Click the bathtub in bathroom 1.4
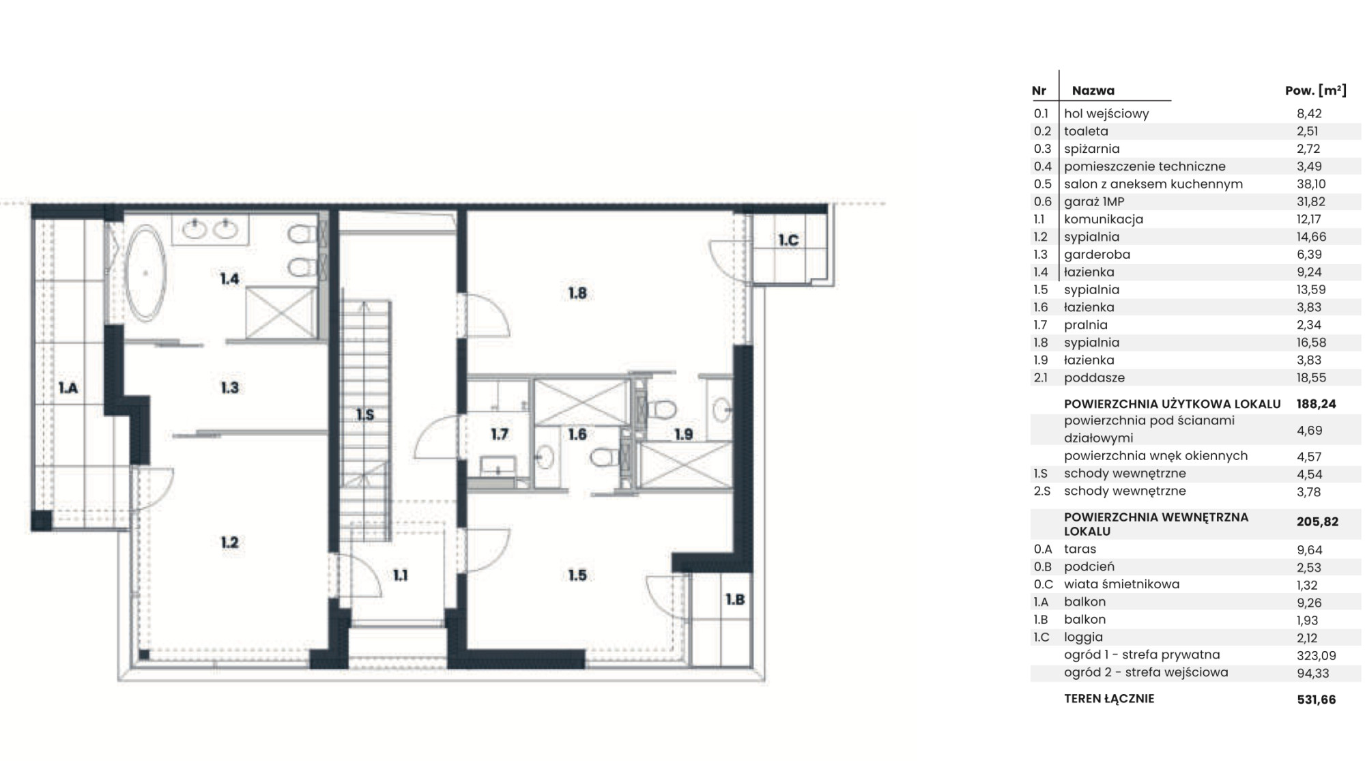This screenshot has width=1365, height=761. tap(145, 273)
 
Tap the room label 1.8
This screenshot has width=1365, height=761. tap(577, 293)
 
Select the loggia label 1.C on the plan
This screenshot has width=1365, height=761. tap(788, 240)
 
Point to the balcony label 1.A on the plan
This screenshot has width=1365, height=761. tap(68, 388)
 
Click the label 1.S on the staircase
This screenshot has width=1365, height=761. tap(365, 414)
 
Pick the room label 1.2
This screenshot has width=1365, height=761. tap(229, 543)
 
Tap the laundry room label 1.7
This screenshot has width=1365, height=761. tap(500, 434)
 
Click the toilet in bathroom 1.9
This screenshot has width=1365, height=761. tap(661, 410)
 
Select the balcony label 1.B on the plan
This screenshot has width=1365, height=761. tap(735, 599)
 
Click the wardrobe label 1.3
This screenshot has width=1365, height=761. tap(229, 388)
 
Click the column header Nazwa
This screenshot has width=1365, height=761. tap(1093, 90)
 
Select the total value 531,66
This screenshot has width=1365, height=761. tap(1317, 700)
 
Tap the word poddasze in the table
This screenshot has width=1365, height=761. tap(1094, 378)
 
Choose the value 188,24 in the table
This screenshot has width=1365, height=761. tap(1317, 404)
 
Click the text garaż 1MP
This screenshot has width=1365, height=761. tap(1094, 202)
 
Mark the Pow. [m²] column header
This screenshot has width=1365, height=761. tap(1316, 90)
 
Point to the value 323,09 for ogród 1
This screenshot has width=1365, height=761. tap(1317, 656)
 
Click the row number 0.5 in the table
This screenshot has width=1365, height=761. tap(1042, 184)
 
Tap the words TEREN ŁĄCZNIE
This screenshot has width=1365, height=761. tap(1109, 699)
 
